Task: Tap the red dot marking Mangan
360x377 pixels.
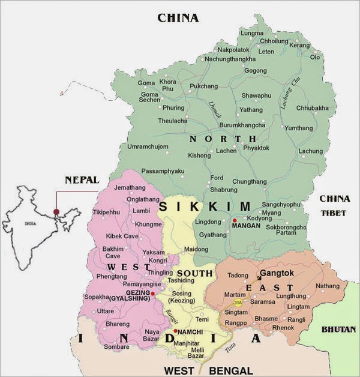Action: point(235,221)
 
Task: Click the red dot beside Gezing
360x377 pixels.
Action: point(153,294)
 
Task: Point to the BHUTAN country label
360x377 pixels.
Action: point(338,329)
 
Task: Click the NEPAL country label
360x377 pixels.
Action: point(82,179)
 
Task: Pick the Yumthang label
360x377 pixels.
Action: point(298,128)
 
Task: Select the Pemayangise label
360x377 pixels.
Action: point(142,283)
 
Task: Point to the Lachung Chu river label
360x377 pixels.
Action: point(287,93)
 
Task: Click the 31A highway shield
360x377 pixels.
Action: point(239,303)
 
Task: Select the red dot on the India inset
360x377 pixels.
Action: point(56,211)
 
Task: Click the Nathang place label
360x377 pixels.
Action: point(327,286)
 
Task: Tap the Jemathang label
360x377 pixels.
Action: point(130,188)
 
